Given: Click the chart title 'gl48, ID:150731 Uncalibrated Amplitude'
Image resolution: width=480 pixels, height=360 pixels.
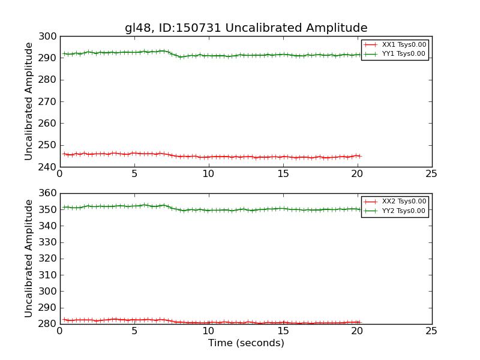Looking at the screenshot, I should click(x=246, y=28).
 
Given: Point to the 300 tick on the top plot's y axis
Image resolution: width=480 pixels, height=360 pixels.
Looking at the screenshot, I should click(x=49, y=37).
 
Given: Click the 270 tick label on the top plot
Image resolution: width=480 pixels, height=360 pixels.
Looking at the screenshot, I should click(x=49, y=102).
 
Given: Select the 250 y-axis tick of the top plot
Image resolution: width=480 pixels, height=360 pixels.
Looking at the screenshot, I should click(x=49, y=145).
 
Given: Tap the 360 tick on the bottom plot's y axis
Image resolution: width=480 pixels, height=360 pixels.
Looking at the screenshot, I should click(x=49, y=194).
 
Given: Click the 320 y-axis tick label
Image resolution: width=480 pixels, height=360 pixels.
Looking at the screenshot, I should click(x=49, y=259).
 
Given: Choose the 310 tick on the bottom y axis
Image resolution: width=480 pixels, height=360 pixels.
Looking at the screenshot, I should click(x=49, y=275).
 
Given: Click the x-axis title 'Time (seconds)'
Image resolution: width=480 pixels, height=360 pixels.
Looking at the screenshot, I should click(x=246, y=343).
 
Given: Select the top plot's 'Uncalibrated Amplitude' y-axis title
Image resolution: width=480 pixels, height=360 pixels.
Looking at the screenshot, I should click(x=29, y=101).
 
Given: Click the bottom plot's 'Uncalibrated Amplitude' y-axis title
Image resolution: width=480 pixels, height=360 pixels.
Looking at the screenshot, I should click(x=29, y=259).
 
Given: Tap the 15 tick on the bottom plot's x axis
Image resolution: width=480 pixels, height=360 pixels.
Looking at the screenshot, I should click(x=283, y=331).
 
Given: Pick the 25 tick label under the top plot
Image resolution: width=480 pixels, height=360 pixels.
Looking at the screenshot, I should click(x=431, y=174).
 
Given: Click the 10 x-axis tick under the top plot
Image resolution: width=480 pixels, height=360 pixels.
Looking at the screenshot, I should click(x=208, y=174).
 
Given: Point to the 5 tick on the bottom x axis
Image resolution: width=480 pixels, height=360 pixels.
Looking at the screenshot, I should click(x=134, y=331).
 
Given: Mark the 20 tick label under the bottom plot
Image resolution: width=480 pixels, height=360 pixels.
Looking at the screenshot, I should click(x=357, y=331).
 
